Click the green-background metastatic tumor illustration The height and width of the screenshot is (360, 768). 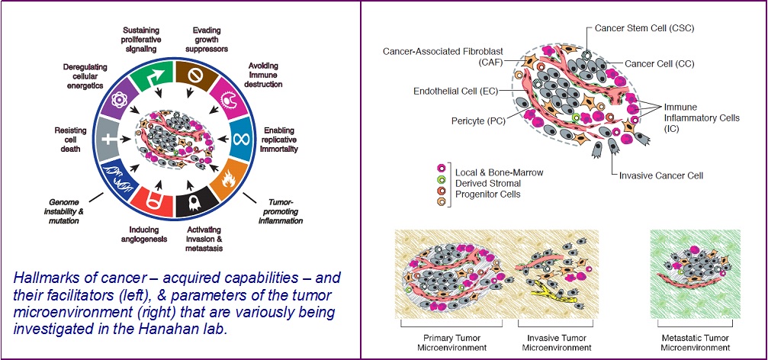689,274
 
